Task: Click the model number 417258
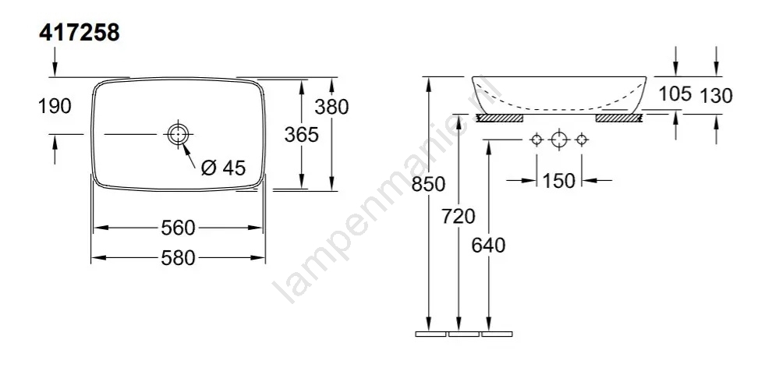pos(80,34)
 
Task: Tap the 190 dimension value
pos(55,106)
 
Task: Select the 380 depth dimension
pos(332,106)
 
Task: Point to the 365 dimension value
pos(301,134)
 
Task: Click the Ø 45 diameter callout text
pos(223,168)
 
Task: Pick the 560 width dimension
pos(178,228)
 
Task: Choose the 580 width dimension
pos(178,258)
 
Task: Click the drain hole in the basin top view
pos(177,134)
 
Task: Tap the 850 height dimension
pos(429,184)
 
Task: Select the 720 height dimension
pos(459,217)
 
